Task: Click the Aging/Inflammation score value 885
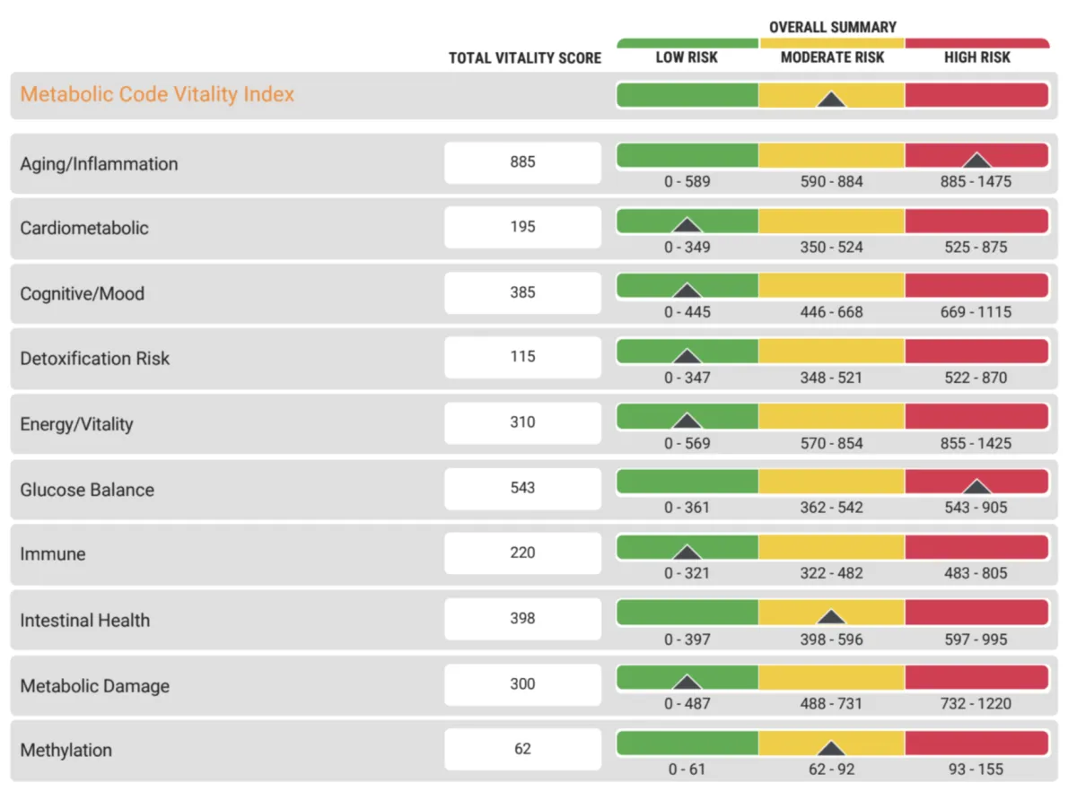coord(522,162)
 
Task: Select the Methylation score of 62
coord(522,749)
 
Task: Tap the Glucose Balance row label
coord(87,490)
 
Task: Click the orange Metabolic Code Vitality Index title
coord(157,94)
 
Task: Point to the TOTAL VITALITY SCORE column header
coord(525,58)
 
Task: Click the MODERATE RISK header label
coord(832,57)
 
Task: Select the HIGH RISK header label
coord(976,57)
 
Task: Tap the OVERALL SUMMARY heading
coord(832,27)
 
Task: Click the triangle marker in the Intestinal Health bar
coord(832,617)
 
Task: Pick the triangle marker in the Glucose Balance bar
coord(976,486)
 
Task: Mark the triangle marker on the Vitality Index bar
coord(832,99)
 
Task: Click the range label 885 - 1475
coord(976,182)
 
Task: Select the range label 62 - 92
coord(832,770)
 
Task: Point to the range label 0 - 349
coord(687,247)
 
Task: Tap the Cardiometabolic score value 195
coord(522,227)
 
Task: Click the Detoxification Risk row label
coord(94,359)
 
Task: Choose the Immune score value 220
coord(522,552)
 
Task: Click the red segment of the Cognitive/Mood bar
coord(976,285)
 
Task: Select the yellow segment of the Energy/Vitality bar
coord(832,416)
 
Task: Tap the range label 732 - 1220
coord(976,704)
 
